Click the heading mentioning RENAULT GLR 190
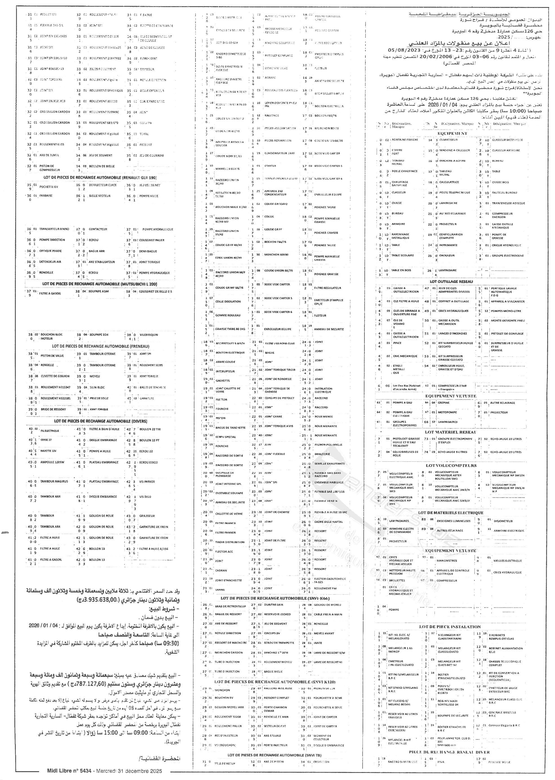tap(100, 178)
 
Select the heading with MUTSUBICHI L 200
tap(100, 284)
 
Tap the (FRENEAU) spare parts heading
tap(101, 346)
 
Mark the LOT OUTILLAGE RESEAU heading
tap(451, 281)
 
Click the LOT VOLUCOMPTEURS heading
tap(451, 465)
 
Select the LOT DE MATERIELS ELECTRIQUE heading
tap(451, 512)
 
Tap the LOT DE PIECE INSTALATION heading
tap(450, 626)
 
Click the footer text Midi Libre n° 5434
tap(105, 771)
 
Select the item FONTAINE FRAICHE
tap(405, 140)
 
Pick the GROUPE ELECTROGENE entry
tap(507, 255)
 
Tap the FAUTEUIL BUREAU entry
tap(504, 193)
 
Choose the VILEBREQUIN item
tap(149, 335)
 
